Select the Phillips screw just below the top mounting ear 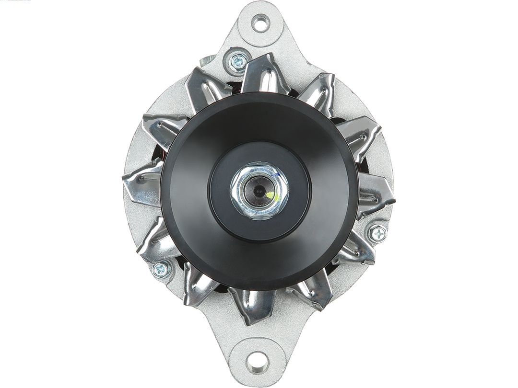(x=238, y=61)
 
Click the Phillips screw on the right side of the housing (x=378, y=234)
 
